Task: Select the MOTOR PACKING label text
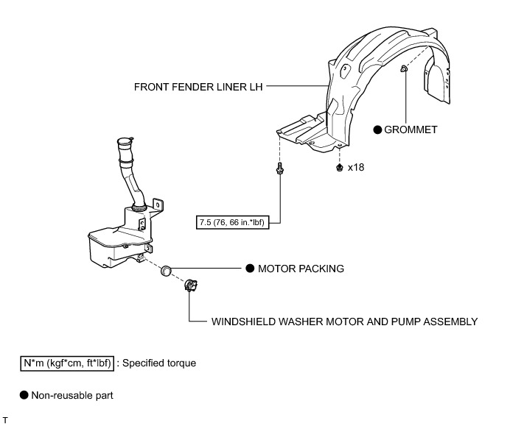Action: point(301,269)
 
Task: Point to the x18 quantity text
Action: point(356,168)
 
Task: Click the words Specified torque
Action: point(159,363)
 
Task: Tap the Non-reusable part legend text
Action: point(72,395)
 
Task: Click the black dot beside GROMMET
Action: point(378,129)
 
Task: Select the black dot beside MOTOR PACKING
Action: point(249,269)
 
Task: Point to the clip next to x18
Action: point(338,168)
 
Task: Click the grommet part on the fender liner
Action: point(405,70)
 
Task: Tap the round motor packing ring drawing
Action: point(167,270)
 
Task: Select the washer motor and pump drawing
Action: point(190,285)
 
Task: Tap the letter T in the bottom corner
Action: point(6,420)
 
